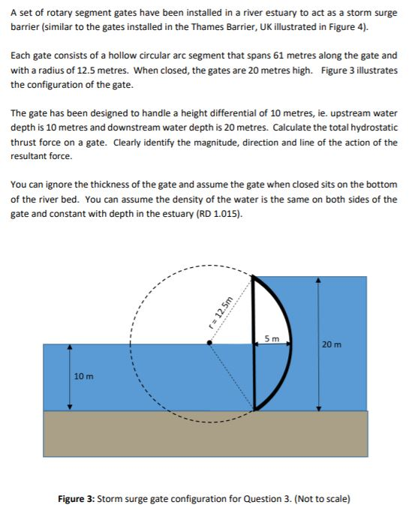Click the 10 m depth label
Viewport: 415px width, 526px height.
point(83,375)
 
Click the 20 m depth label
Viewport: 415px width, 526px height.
point(330,344)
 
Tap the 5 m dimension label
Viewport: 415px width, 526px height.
point(272,339)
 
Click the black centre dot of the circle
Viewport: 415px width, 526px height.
point(209,344)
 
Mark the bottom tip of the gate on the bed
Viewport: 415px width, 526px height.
point(254,410)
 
